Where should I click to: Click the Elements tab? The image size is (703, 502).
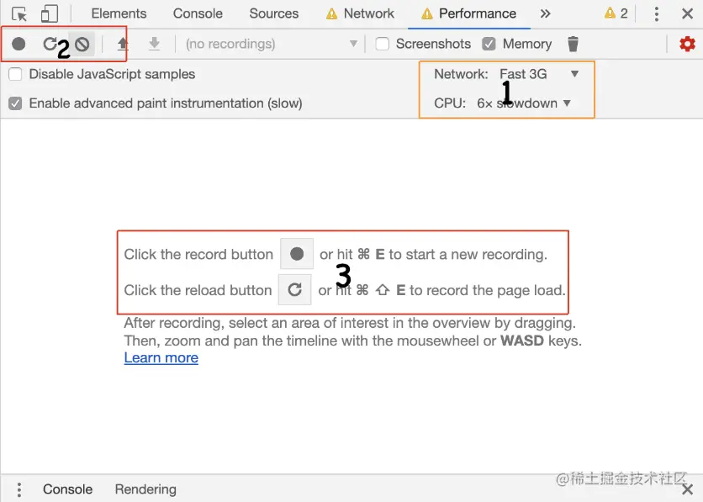tap(119, 13)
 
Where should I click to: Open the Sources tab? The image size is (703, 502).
tap(273, 13)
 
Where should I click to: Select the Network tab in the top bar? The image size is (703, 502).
tap(368, 13)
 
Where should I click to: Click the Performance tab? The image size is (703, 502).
tap(477, 13)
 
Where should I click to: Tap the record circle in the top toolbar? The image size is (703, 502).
tap(18, 44)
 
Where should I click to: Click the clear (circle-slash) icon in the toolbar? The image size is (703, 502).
tap(82, 44)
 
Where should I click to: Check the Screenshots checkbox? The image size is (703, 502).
tap(382, 44)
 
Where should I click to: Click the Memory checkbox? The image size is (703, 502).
tap(489, 44)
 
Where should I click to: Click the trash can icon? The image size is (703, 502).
tap(573, 44)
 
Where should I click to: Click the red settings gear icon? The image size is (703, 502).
tap(687, 44)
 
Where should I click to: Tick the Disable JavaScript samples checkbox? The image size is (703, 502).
tap(15, 74)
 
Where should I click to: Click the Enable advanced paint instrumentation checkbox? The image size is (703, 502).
tap(15, 103)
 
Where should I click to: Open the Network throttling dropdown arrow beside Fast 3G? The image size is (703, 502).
tap(574, 73)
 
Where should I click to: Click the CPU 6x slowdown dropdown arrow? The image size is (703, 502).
tap(567, 103)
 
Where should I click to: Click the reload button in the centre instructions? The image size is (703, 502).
tap(294, 289)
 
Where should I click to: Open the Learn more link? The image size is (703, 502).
tap(161, 357)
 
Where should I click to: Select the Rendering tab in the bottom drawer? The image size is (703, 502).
tap(145, 489)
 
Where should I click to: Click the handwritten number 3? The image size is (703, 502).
tap(343, 275)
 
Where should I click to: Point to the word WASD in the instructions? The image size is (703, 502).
tap(522, 341)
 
